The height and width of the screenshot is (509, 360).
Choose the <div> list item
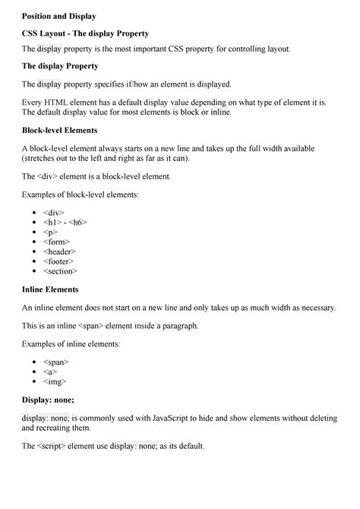54,213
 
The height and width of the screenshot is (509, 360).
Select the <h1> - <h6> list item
65,223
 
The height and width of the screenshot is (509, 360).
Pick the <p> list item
50,232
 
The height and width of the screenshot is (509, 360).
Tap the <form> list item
57,242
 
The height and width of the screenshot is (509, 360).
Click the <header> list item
60,251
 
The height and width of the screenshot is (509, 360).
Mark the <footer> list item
58,261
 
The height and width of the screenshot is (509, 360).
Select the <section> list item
61,270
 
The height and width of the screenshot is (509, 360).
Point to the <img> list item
55,381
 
